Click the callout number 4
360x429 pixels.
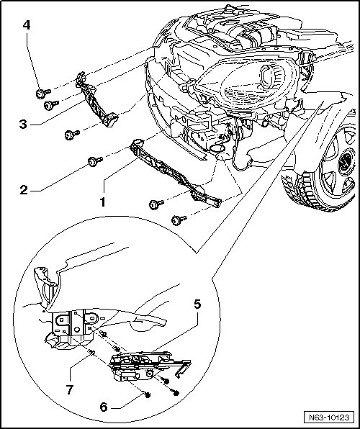click(x=27, y=25)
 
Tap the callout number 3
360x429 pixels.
click(x=23, y=124)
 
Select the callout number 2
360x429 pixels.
click(x=24, y=190)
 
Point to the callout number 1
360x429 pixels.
click(x=103, y=202)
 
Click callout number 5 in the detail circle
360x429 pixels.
click(x=198, y=304)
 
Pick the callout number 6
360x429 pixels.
click(x=104, y=407)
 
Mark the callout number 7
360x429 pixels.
click(x=70, y=389)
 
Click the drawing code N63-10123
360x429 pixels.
click(x=329, y=417)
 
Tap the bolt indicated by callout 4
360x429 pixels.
click(x=43, y=94)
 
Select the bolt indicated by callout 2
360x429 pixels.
click(x=95, y=161)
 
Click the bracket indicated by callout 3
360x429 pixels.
click(x=96, y=100)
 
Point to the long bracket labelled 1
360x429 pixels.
click(x=176, y=173)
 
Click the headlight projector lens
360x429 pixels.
click(x=266, y=76)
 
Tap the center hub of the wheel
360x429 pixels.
click(x=346, y=162)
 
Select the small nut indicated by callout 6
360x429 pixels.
click(x=148, y=395)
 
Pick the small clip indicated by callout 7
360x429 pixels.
click(x=91, y=353)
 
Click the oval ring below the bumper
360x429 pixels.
click(x=217, y=148)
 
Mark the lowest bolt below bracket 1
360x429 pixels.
click(x=179, y=220)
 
